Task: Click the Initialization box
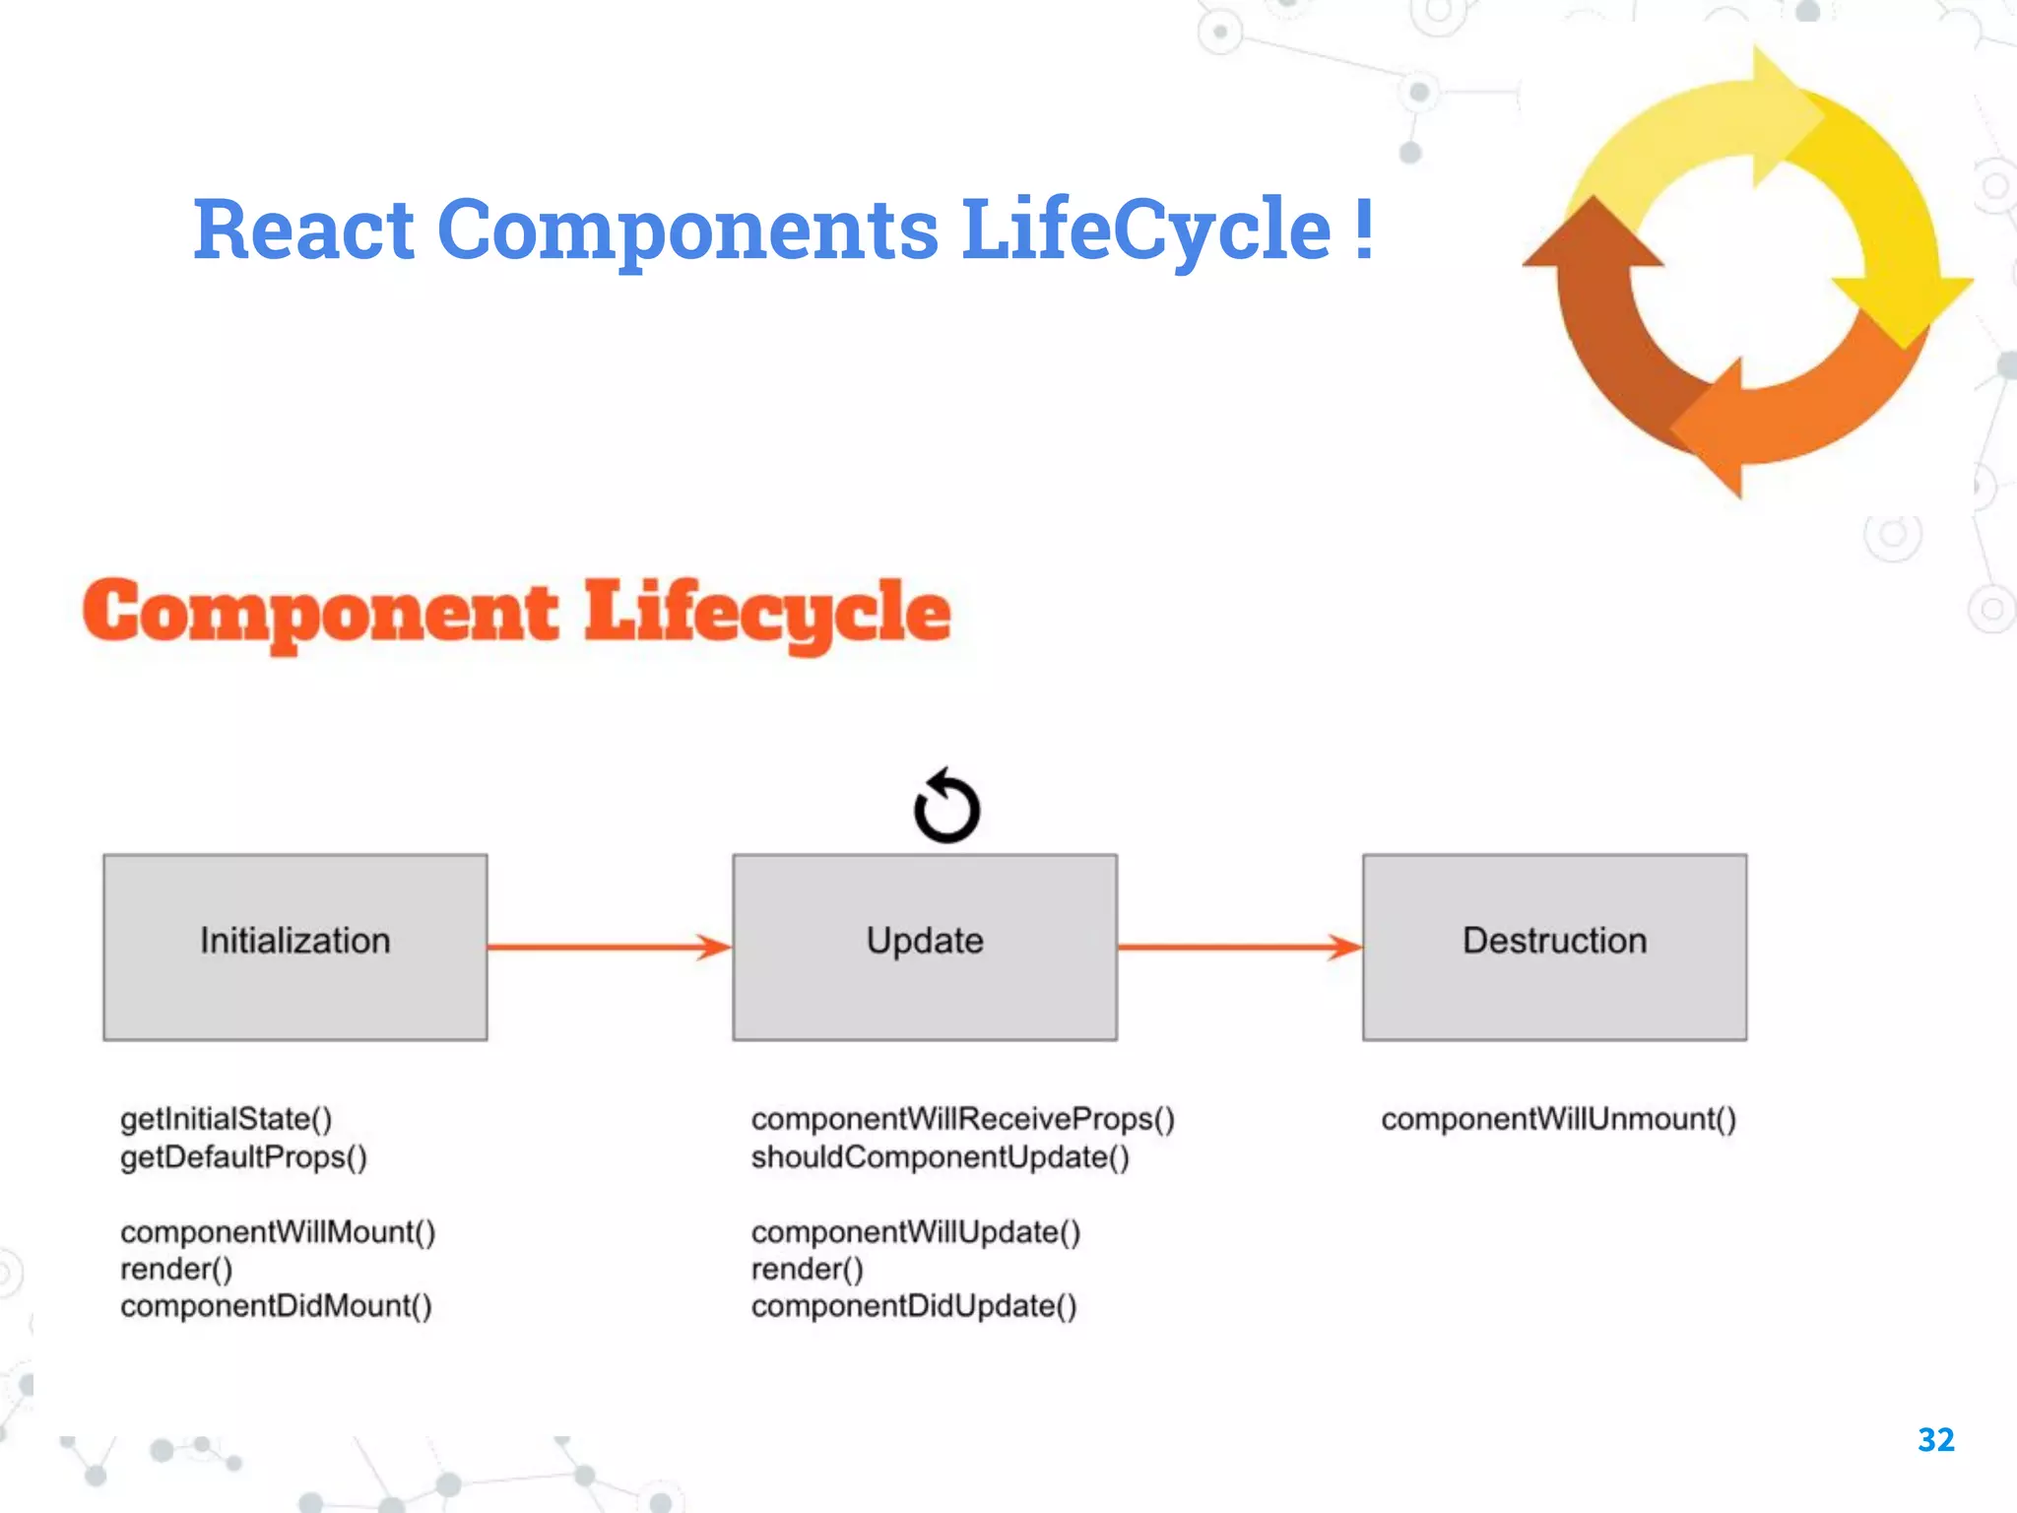[294, 946]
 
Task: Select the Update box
[924, 946]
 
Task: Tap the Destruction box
[1554, 946]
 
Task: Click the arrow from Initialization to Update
[609, 947]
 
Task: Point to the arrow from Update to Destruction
[1239, 947]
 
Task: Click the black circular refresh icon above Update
[946, 807]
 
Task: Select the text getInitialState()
[226, 1119]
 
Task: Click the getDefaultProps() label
[243, 1156]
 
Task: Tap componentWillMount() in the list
[278, 1232]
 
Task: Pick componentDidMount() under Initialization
[276, 1306]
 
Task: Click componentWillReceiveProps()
[962, 1119]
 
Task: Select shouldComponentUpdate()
[940, 1156]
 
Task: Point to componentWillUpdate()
[915, 1232]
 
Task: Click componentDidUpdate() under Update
[913, 1306]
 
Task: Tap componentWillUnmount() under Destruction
[1558, 1119]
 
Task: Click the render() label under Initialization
[176, 1270]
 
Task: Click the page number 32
[1935, 1440]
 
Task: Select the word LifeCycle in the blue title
[1145, 230]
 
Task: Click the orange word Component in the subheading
[320, 613]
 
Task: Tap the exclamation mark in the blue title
[1363, 229]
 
